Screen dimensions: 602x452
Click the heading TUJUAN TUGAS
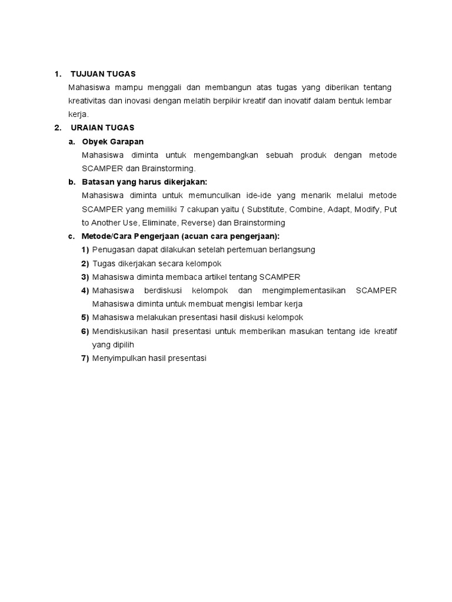103,74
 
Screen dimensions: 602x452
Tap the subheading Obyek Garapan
113,142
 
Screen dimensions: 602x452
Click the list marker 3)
85,277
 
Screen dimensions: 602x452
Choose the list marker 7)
85,359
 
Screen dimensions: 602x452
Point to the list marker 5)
85,317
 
